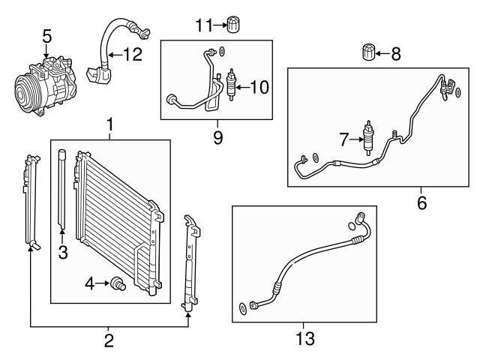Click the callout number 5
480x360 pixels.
coord(46,35)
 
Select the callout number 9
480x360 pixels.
coord(217,139)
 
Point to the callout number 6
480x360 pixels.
coord(421,202)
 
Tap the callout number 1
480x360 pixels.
coord(110,124)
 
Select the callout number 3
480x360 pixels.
coord(63,253)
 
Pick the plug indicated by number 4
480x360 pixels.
coord(117,284)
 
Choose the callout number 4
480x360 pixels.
coord(88,283)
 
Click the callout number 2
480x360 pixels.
coord(109,341)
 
